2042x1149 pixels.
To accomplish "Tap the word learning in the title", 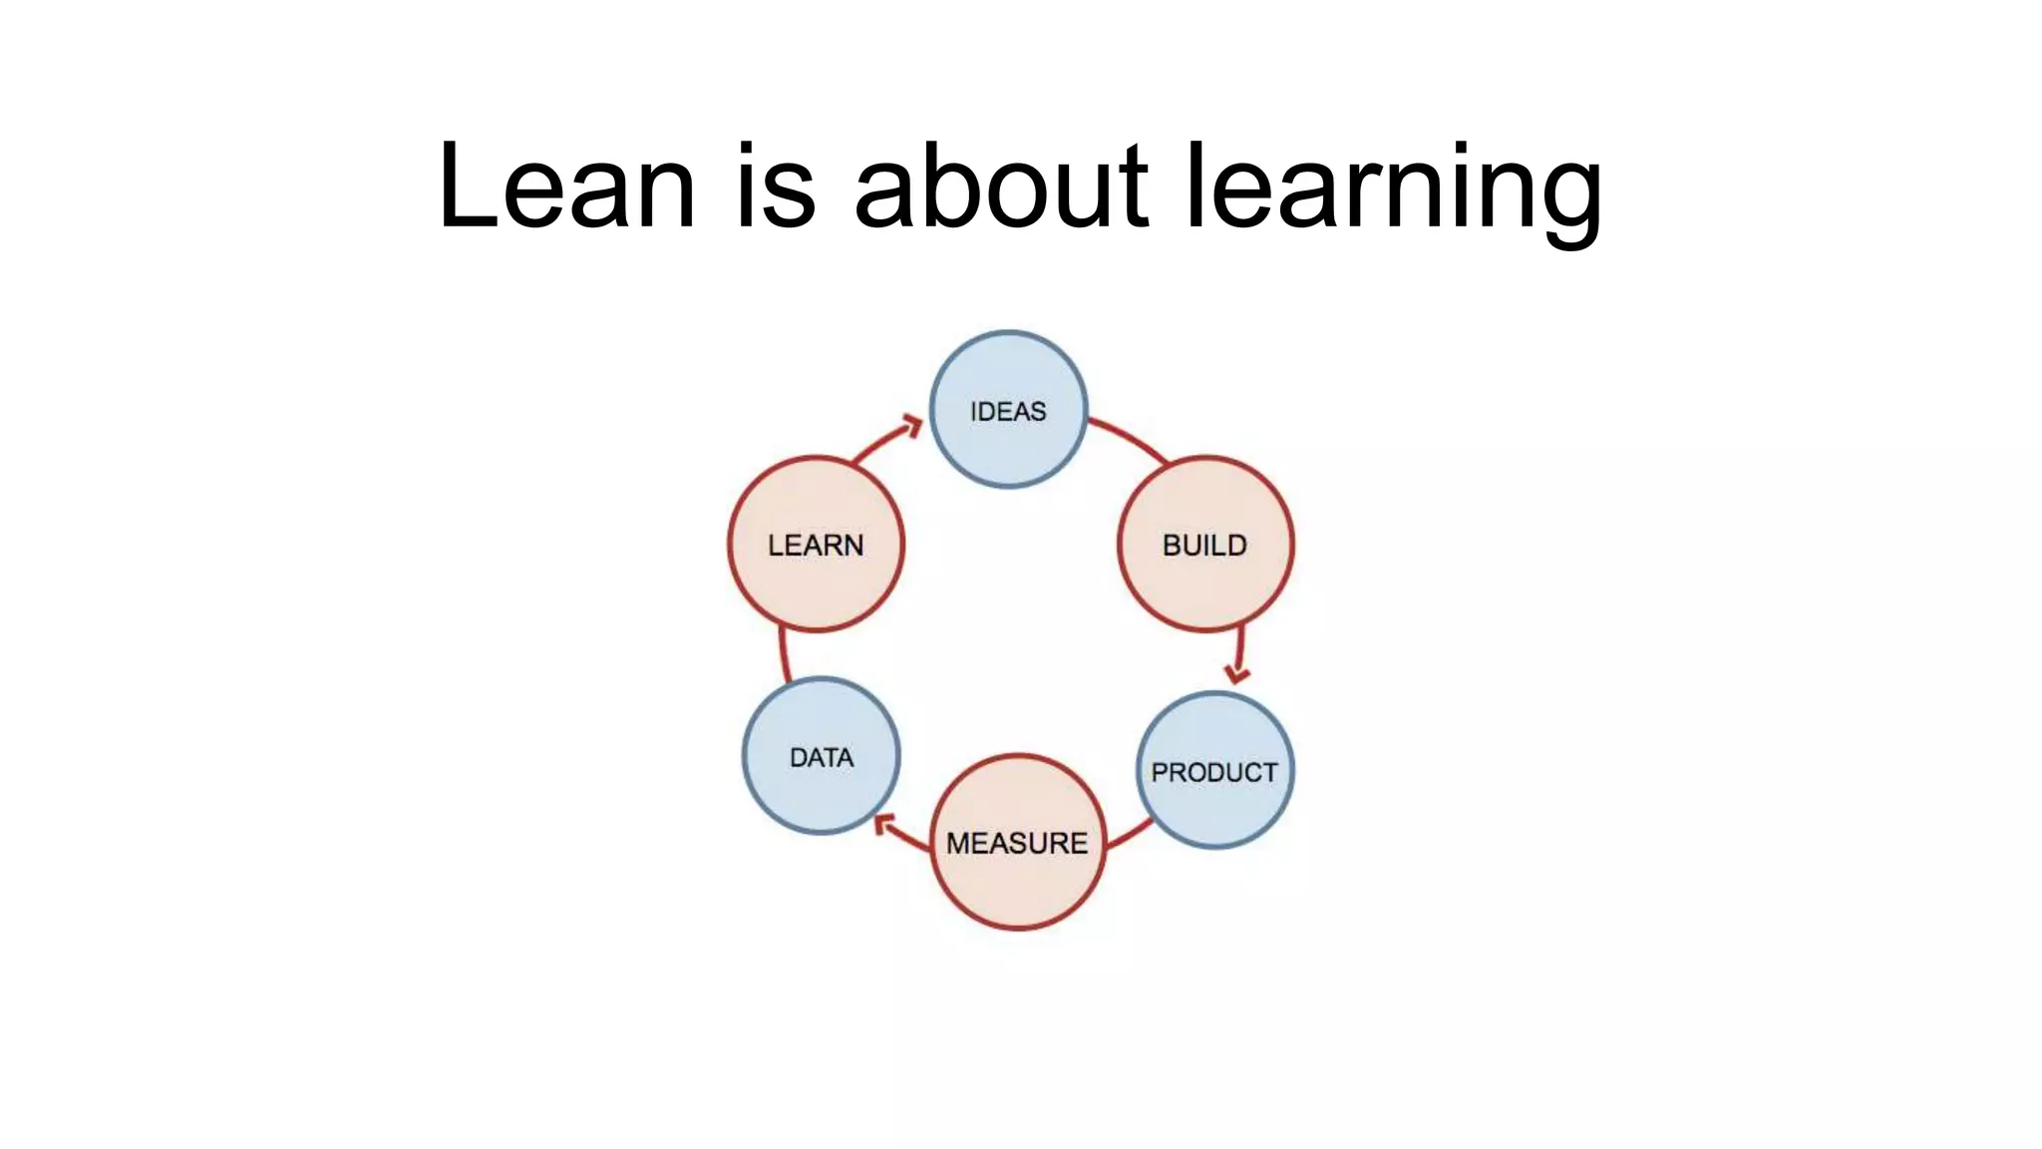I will pyautogui.click(x=1393, y=190).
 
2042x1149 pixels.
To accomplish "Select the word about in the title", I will pyautogui.click(x=1000, y=187).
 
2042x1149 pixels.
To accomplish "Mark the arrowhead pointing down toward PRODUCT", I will pyautogui.click(x=1237, y=673).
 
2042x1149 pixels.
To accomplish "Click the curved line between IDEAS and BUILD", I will pyautogui.click(x=1130, y=437).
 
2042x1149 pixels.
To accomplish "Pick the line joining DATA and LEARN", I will pyautogui.click(x=784, y=654).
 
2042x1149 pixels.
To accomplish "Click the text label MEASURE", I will pyautogui.click(x=1017, y=844).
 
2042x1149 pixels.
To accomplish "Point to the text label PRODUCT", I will pyautogui.click(x=1213, y=772).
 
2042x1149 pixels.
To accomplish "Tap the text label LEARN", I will pyautogui.click(x=816, y=546).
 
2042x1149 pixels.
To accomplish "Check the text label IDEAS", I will pyautogui.click(x=1008, y=411).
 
